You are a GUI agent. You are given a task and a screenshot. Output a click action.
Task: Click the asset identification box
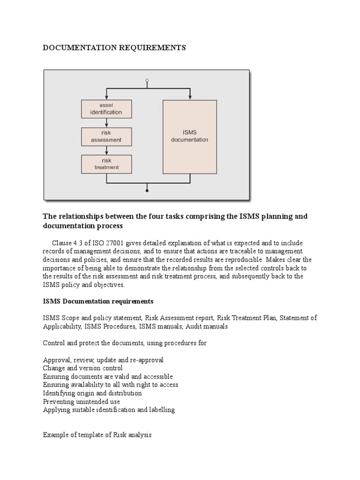pos(106,109)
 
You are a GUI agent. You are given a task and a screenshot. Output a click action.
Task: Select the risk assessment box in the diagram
pos(106,136)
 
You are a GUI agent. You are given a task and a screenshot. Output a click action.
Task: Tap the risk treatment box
pos(106,164)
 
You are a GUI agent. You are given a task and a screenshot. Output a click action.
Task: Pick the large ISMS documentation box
pos(189,136)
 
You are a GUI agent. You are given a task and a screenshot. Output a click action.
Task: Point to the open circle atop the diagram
pos(147,80)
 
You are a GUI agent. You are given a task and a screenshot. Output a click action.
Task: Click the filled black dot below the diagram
pos(147,190)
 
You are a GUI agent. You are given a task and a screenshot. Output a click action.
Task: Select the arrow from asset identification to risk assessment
pos(106,123)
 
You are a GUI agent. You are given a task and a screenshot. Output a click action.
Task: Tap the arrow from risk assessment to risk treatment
pos(106,150)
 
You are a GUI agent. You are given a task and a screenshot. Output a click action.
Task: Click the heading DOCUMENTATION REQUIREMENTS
pos(114,48)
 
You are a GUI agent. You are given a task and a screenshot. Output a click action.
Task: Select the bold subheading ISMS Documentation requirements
pos(98,301)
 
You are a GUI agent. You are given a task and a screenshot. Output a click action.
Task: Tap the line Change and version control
pos(83,368)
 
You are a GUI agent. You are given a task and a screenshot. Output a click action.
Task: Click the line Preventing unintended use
pos(82,402)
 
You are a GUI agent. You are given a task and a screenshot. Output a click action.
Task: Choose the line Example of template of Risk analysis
pos(97,435)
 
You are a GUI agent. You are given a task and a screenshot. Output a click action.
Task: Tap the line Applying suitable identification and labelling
pos(109,410)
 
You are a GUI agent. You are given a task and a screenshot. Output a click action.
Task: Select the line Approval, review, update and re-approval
pos(103,360)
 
